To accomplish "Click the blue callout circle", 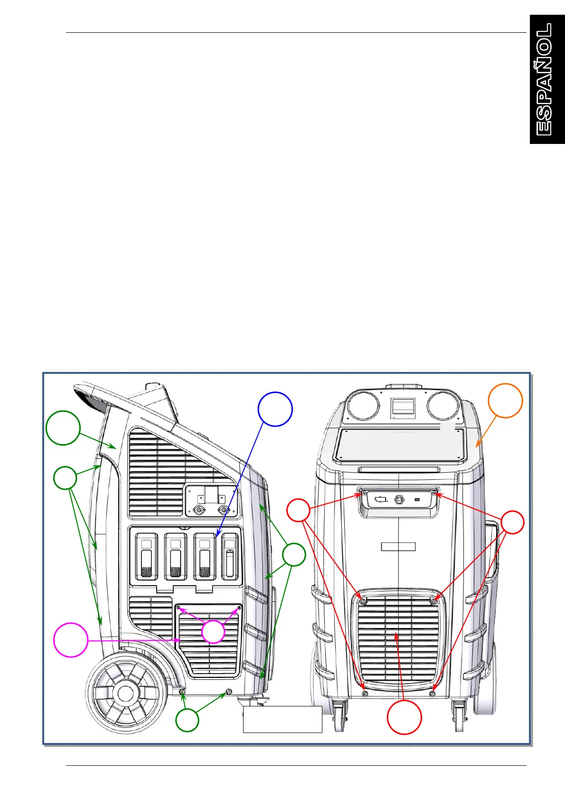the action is coord(275,409).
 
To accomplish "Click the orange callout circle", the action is coord(505,400).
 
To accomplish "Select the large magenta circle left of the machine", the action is coord(71,640).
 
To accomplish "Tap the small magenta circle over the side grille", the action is coord(213,631).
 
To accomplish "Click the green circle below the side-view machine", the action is coord(187,720).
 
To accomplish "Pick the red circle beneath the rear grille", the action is coord(404,717).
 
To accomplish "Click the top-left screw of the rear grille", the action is coord(363,602).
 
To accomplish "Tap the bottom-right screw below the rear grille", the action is coord(432,694).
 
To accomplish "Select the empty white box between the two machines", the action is coord(282,719).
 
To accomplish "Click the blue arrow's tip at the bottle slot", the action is coord(216,537).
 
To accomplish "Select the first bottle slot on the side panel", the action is coord(147,556).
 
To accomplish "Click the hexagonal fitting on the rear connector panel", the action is coord(399,500).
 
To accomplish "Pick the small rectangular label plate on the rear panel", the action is coord(398,546).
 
